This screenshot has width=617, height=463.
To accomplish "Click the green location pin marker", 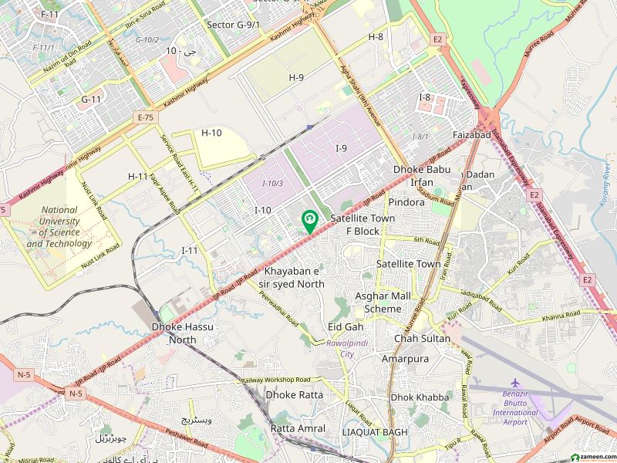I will pos(309,222).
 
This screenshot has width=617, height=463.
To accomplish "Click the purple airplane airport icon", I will pos(516,384).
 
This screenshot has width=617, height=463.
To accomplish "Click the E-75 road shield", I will pos(145,117).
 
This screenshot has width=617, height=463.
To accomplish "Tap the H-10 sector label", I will pos(211,133).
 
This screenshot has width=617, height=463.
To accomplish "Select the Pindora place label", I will pos(406,202).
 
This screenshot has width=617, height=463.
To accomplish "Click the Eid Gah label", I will pos(345,327).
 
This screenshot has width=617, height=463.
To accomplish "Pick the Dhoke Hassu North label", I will pos(182,333).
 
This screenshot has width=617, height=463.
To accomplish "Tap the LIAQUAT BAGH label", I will pos(374,433).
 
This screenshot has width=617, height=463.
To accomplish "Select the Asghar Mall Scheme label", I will pos(378,302).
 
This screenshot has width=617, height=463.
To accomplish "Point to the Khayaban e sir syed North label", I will pos(294,278).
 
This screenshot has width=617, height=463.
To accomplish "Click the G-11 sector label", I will pos(91,100).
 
